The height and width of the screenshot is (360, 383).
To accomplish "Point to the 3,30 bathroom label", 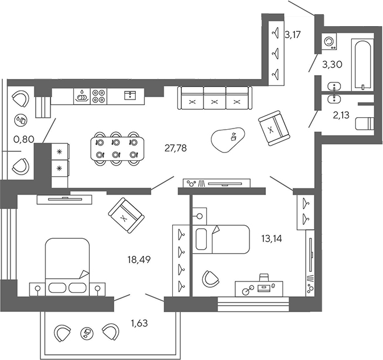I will coord(332,65).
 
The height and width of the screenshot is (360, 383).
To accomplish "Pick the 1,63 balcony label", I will coord(140,324).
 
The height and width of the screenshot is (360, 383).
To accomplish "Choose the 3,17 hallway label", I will coord(292,35).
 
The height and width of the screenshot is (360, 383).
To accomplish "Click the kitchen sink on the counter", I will coord(82,96).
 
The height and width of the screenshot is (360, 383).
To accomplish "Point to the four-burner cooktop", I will coord(98,96).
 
